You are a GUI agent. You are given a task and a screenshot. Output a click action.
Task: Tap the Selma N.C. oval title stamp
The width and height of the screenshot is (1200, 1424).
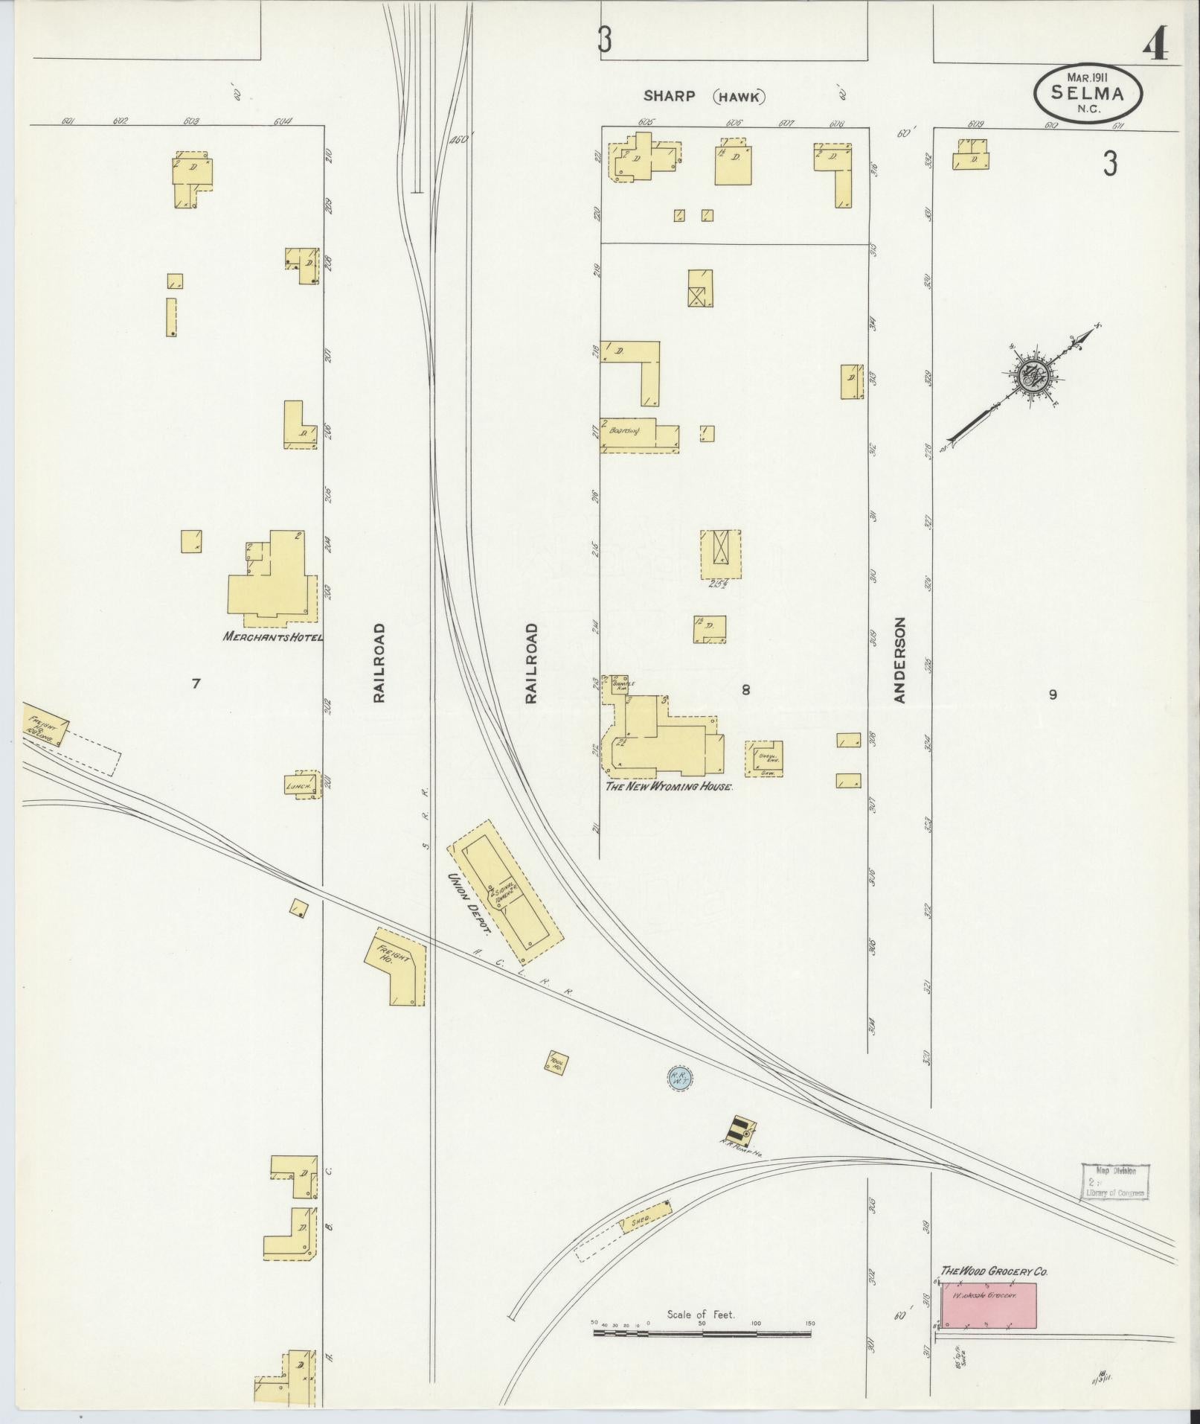tap(1088, 92)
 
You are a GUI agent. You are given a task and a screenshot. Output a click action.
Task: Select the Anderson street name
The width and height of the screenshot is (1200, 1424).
tap(899, 660)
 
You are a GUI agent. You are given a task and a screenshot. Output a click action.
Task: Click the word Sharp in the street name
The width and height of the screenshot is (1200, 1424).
tap(670, 96)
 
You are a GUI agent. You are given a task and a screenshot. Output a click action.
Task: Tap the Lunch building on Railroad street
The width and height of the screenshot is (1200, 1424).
tap(306, 785)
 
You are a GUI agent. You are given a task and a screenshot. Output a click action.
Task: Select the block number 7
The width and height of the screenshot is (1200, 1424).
tap(196, 683)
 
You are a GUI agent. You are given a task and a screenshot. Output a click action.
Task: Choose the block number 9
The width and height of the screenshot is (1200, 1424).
tap(1052, 695)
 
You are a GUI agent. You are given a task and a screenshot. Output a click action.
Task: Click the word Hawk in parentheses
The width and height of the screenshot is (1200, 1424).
tap(739, 96)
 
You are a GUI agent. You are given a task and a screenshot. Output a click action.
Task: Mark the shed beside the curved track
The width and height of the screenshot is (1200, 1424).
tap(645, 1219)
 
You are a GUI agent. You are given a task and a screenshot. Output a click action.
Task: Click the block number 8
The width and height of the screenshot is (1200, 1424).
tap(745, 690)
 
